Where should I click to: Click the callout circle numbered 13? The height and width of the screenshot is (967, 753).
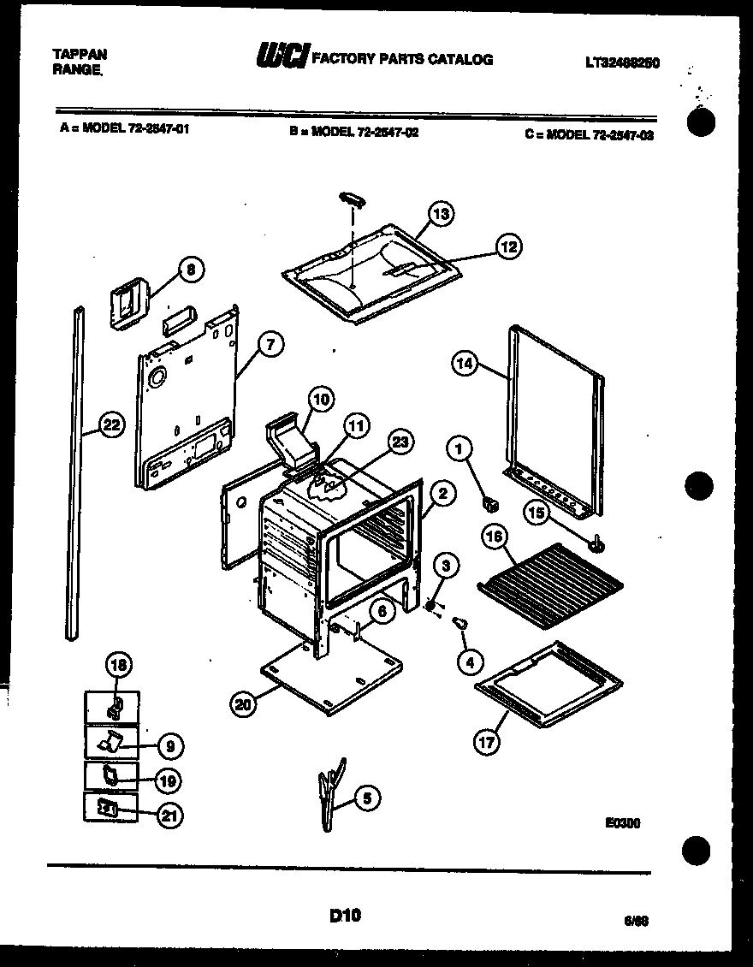pos(441,214)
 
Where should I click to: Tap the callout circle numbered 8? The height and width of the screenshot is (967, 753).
pos(191,270)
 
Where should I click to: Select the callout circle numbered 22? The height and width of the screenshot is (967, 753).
pos(110,424)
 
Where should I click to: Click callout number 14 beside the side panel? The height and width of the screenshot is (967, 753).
pos(464,364)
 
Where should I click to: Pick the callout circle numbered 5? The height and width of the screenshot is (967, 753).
pos(366,798)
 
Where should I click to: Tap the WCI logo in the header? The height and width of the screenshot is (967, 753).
pos(282,58)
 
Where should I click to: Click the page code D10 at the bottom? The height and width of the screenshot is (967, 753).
pos(345,916)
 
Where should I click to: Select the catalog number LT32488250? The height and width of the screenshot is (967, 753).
pos(622,62)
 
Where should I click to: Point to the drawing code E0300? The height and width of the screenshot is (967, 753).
pos(622,823)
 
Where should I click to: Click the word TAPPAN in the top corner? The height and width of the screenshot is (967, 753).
pos(80,53)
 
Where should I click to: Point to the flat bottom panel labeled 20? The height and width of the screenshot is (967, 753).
pos(334,676)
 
